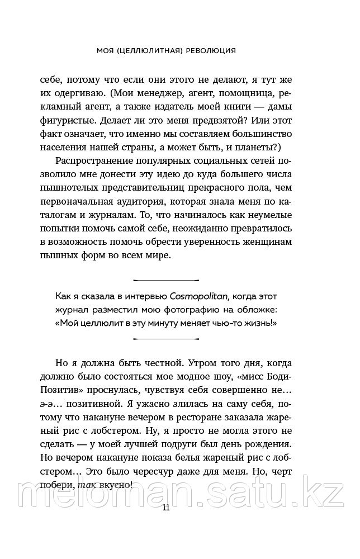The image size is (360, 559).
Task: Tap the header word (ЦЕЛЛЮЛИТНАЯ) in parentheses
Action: pos(145,50)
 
